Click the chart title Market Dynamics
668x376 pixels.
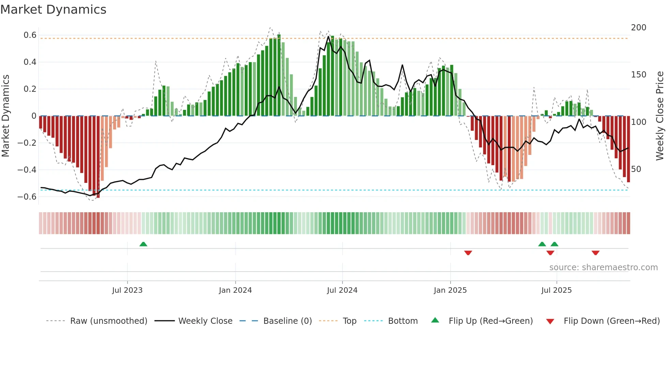pos(53,10)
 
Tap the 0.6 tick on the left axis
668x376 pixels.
pos(30,35)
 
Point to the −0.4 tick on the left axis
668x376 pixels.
pos(27,170)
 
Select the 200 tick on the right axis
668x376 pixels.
pos(638,28)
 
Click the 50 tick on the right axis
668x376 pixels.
pos(636,169)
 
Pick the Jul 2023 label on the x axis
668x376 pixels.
pos(127,290)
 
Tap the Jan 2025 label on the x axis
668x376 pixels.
pos(450,290)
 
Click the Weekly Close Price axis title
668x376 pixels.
pos(660,116)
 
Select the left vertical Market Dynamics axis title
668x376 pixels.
pos(5,116)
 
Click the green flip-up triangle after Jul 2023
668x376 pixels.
pos(143,244)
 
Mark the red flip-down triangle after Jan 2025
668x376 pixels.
pos(468,253)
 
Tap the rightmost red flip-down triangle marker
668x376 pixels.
pos(595,253)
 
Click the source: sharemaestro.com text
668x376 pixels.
pos(603,267)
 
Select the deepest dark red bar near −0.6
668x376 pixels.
pos(98,157)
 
